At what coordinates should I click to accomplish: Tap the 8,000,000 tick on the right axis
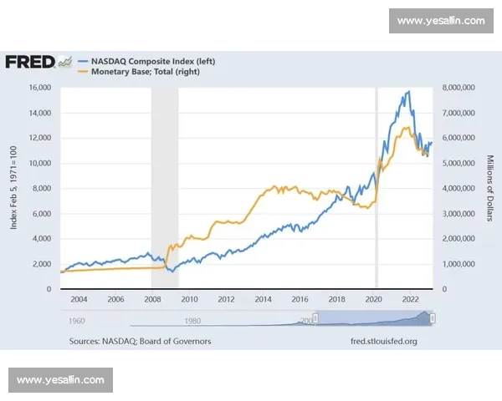(458, 88)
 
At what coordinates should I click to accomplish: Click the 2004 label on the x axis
(79, 298)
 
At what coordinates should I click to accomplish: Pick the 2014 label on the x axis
(264, 298)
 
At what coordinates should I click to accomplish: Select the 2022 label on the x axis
(411, 298)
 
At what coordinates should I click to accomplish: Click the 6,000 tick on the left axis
(44, 213)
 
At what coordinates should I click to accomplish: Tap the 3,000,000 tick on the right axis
(458, 213)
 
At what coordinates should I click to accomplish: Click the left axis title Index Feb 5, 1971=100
(13, 188)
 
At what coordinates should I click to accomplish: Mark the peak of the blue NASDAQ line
(408, 91)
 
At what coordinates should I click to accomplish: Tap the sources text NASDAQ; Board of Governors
(141, 341)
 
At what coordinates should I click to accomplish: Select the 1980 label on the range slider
(192, 321)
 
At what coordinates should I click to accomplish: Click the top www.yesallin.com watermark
(440, 21)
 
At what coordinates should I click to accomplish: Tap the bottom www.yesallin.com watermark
(60, 380)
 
